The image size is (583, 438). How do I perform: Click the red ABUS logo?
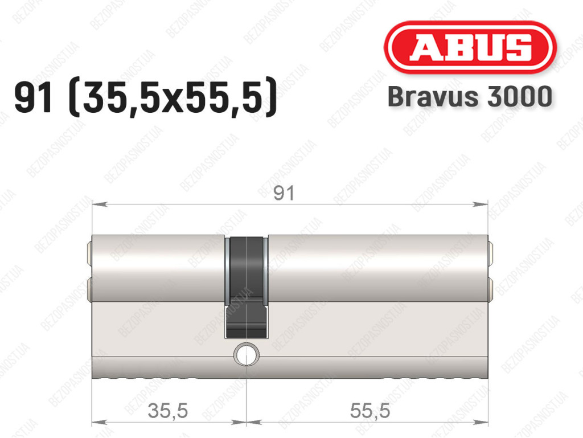coord(470,47)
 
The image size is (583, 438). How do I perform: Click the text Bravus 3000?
coord(470,97)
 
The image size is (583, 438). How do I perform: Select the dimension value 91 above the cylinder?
coord(284,193)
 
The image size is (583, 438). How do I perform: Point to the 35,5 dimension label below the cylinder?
coord(168,411)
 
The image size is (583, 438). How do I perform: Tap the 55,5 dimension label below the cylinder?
coord(370,411)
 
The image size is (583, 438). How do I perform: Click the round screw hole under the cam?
coord(247,354)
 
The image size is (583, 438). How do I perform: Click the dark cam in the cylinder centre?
coord(246,287)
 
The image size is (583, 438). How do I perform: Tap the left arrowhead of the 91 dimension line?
coord(99,204)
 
